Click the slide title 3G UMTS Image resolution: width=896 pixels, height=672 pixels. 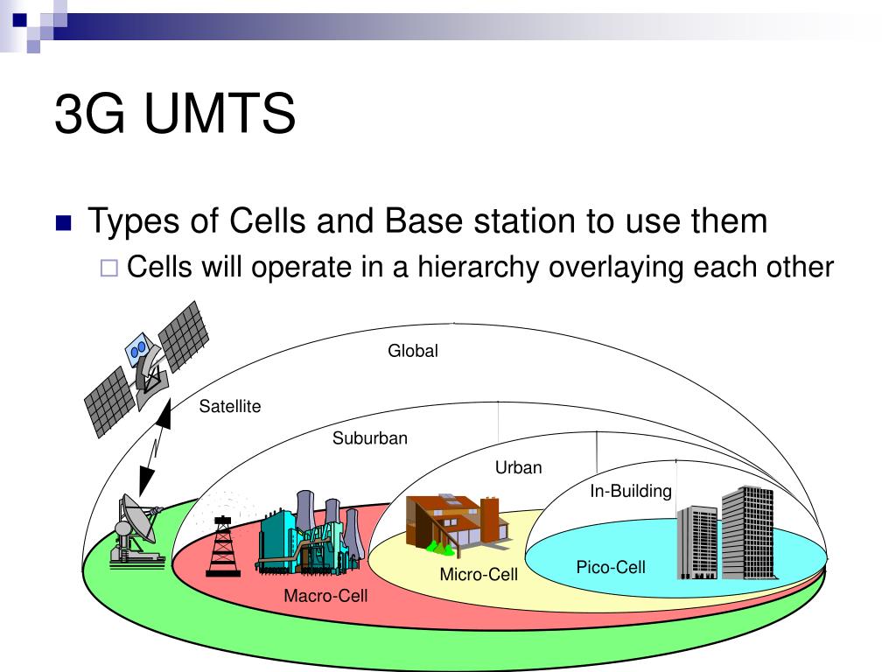coord(175,113)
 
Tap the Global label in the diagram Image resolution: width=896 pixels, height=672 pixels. coord(413,350)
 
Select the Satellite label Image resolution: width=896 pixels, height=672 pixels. coord(230,406)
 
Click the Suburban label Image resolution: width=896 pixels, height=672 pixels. coord(370,438)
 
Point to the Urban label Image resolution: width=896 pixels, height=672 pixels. coord(518,467)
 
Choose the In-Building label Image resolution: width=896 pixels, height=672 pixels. coord(631,491)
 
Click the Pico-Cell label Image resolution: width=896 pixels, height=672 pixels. coord(611,567)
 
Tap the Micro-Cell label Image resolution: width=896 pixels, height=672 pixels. coord(479,574)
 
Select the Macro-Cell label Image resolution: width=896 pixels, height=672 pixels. coord(325,596)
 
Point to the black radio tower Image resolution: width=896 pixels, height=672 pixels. coord(223,546)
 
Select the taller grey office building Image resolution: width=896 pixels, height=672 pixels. coord(748,533)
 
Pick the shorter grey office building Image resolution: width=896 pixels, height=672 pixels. coord(697,542)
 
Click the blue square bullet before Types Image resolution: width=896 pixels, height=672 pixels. coord(63,222)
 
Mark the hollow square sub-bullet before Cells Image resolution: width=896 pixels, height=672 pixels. coord(109,268)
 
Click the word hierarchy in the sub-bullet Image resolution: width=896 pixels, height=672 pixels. coord(479,268)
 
